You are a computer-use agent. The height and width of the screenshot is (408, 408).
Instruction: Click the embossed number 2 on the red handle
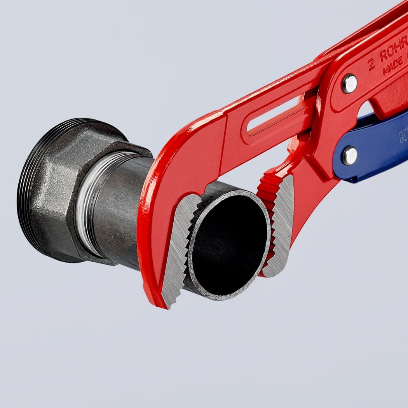[371, 65]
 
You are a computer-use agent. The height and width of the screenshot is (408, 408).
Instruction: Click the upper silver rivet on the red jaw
[350, 84]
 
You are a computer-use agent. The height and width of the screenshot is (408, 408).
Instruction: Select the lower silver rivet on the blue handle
[350, 155]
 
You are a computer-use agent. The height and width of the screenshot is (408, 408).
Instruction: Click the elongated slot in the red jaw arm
[276, 117]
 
